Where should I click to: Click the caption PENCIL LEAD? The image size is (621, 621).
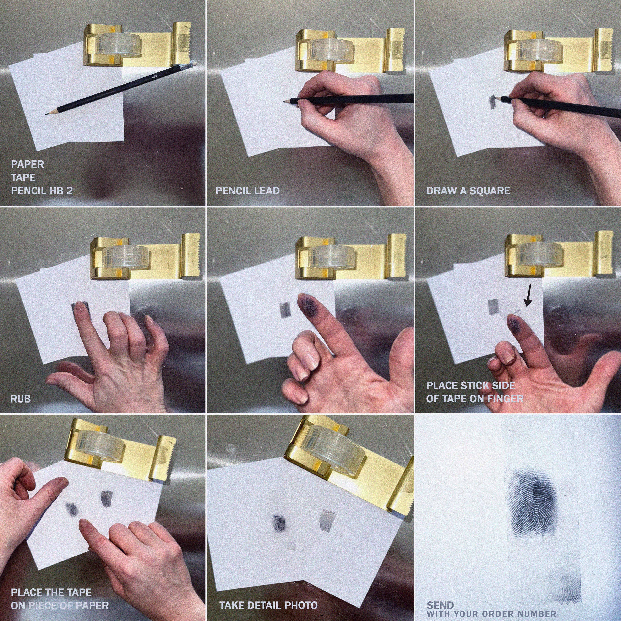tap(247, 191)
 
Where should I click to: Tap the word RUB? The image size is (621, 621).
tap(21, 399)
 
